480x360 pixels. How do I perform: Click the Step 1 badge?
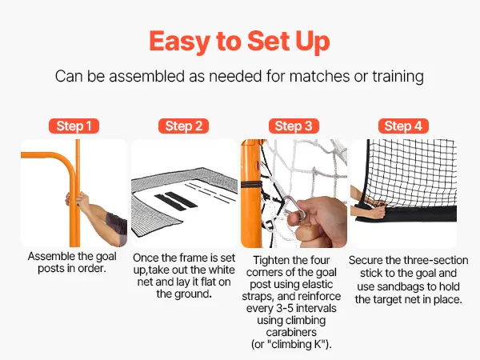click(74, 126)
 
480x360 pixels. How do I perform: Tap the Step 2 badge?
click(183, 126)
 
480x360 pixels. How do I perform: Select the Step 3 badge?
click(294, 126)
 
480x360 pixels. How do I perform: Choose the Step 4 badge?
click(403, 126)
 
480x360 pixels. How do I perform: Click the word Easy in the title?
click(180, 42)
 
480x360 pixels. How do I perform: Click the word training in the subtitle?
click(398, 76)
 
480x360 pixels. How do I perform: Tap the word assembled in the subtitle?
click(146, 76)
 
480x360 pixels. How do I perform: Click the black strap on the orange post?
click(251, 184)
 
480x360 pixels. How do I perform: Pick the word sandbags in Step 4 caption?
click(400, 286)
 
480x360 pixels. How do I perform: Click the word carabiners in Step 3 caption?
click(291, 332)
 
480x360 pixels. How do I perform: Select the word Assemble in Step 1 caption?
click(50, 256)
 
